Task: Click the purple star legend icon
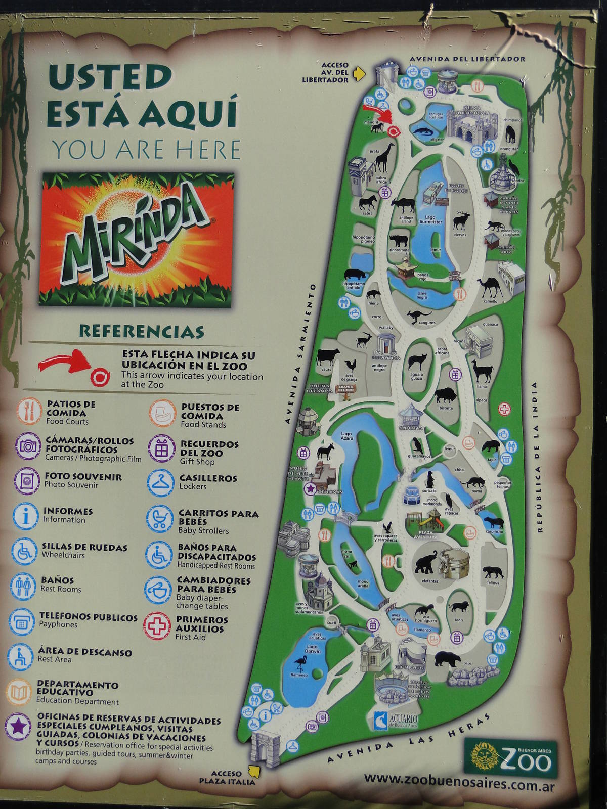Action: tap(18, 727)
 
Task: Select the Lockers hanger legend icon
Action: tap(161, 483)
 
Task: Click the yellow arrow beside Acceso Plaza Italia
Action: tap(253, 771)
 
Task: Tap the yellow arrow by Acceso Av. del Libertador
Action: tap(359, 74)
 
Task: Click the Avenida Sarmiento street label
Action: tap(299, 354)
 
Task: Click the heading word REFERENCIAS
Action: tap(141, 332)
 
